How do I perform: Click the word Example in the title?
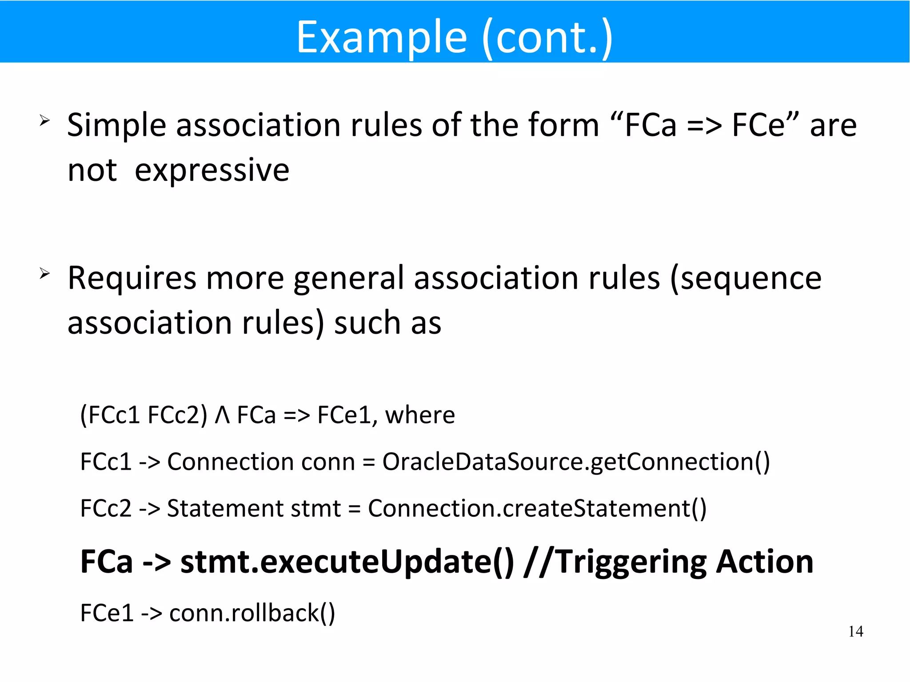(x=382, y=38)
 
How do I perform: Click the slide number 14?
(x=855, y=631)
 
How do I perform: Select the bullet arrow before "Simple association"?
(x=44, y=120)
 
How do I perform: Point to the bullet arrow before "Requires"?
(x=44, y=273)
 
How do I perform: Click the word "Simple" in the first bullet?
(x=116, y=125)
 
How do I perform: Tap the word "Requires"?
(x=132, y=279)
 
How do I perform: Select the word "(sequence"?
(x=746, y=279)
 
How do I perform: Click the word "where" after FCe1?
(x=420, y=415)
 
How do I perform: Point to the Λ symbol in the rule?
(x=222, y=415)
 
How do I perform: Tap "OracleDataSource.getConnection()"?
(x=576, y=462)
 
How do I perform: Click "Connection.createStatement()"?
(x=537, y=508)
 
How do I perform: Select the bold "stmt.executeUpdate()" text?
(x=347, y=562)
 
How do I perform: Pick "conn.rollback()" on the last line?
(x=252, y=613)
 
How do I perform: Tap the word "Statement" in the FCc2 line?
(x=225, y=508)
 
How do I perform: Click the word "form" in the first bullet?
(x=564, y=125)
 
